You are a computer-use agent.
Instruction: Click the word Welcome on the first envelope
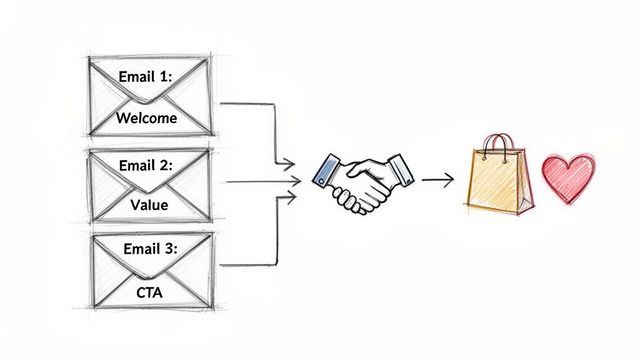click(x=147, y=117)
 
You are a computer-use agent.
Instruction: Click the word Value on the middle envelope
click(x=149, y=204)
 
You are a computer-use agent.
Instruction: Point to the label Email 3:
click(x=151, y=249)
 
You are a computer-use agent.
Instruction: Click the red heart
click(x=567, y=177)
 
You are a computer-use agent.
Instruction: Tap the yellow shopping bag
click(x=494, y=181)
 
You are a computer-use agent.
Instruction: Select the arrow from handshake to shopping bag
click(x=437, y=181)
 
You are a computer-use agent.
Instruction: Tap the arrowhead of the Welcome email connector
click(x=288, y=166)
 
